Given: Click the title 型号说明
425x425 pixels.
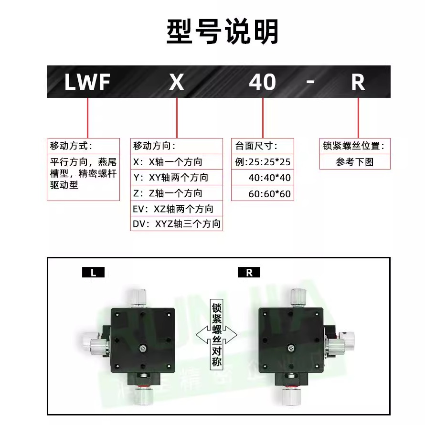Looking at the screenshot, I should [x=223, y=32].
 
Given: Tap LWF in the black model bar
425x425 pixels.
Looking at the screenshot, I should [x=87, y=82].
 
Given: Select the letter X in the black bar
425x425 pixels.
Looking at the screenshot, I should [x=177, y=82].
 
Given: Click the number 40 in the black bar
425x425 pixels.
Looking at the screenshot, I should [x=262, y=82].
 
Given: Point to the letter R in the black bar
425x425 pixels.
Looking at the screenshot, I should [x=358, y=82].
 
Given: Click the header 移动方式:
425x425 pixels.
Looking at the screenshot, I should [x=71, y=146].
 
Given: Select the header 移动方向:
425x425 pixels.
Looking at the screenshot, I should [x=154, y=146].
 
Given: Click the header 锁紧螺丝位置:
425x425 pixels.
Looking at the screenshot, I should [x=354, y=146].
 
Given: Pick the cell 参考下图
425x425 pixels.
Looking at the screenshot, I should [x=355, y=162].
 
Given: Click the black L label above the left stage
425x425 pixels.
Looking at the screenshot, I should [x=93, y=273].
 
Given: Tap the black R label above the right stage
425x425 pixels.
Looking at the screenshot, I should [x=249, y=273].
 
